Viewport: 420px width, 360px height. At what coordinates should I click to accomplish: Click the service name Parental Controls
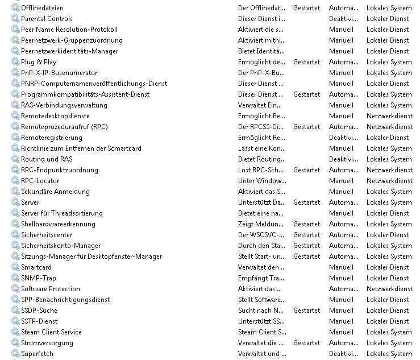pyautogui.click(x=47, y=19)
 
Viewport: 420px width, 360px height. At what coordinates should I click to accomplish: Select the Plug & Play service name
pyautogui.click(x=39, y=62)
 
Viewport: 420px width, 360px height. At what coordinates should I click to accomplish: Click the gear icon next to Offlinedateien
pyautogui.click(x=15, y=8)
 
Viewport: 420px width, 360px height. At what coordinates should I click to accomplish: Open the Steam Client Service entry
pyautogui.click(x=51, y=332)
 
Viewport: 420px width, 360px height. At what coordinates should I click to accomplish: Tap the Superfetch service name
pyautogui.click(x=37, y=354)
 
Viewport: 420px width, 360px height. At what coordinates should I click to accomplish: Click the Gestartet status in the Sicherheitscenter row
pyautogui.click(x=306, y=235)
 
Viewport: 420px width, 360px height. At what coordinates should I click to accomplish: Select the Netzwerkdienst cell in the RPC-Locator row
pyautogui.click(x=389, y=181)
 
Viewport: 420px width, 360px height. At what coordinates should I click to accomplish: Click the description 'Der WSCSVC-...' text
pyautogui.click(x=261, y=235)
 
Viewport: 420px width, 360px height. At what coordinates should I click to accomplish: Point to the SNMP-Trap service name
pyautogui.click(x=38, y=278)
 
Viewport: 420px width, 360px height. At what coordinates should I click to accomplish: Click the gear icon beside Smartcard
pyautogui.click(x=15, y=267)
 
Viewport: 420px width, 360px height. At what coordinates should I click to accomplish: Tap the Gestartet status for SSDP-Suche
pyautogui.click(x=306, y=311)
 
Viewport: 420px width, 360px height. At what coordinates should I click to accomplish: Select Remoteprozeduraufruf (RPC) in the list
pyautogui.click(x=64, y=127)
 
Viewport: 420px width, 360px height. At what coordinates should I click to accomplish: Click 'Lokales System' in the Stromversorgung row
pyautogui.click(x=389, y=343)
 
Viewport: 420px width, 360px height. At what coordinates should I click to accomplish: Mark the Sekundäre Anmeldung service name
pyautogui.click(x=55, y=192)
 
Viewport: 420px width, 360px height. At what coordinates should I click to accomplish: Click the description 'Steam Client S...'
pyautogui.click(x=262, y=332)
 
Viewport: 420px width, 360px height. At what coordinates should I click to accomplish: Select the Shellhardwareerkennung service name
pyautogui.click(x=58, y=224)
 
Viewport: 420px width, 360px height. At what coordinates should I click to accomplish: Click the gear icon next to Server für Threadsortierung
pyautogui.click(x=15, y=213)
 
